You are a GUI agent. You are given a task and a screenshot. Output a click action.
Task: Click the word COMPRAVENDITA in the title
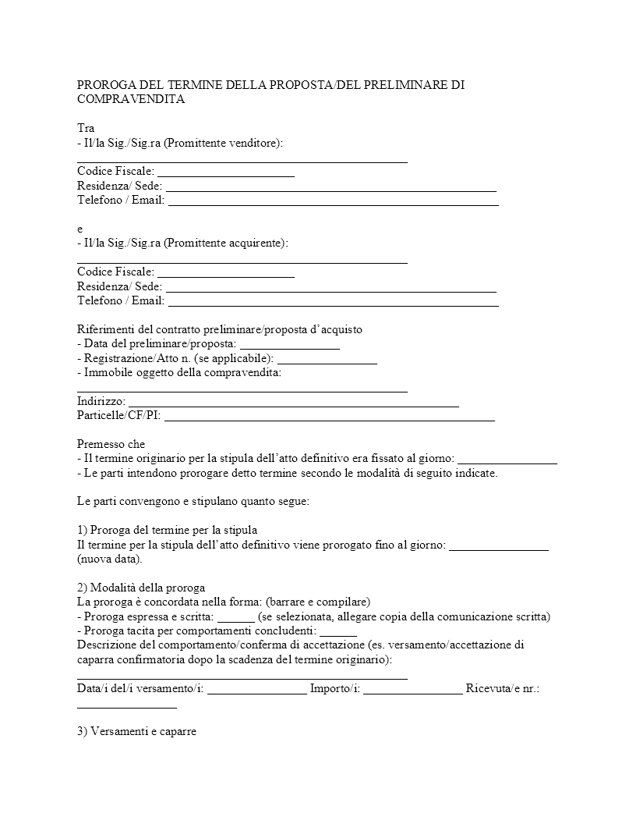pos(131,99)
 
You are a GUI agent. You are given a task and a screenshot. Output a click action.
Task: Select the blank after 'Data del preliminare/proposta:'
pos(289,344)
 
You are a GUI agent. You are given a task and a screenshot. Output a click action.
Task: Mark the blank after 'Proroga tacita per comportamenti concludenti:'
pos(338,630)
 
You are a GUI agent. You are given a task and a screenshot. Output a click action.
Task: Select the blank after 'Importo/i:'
pos(412,689)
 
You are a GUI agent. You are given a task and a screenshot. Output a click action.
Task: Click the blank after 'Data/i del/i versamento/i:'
pos(257,689)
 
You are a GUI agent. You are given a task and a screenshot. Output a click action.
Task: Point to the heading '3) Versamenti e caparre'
pos(137,732)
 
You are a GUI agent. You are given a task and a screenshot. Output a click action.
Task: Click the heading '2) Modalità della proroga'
pos(141,588)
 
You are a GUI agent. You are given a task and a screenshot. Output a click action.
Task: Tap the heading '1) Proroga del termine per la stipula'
pos(167,530)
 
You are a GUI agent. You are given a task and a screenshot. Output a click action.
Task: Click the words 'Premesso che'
pos(111,444)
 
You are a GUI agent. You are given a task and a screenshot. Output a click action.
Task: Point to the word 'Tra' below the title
pos(86,128)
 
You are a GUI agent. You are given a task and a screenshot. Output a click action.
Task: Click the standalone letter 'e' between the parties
pos(80,229)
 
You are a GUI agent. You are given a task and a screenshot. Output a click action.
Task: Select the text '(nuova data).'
pos(110,559)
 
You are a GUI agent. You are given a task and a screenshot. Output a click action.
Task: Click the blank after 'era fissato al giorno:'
pos(507,459)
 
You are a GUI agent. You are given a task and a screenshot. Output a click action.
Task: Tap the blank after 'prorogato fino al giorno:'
pos(499,545)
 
